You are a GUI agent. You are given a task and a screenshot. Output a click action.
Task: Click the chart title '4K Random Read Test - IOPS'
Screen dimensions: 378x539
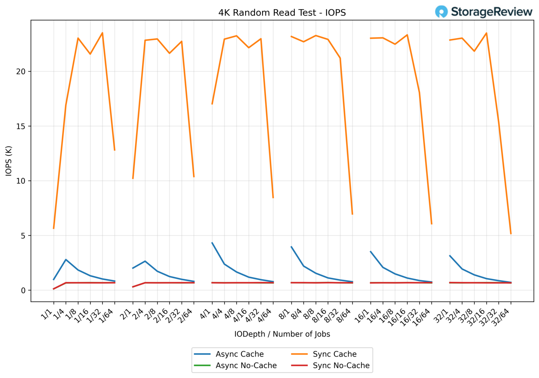(282, 13)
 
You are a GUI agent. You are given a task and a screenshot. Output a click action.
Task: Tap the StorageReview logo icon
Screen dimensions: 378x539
(441, 12)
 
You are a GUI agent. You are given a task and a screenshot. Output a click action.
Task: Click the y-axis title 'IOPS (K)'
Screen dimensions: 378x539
(9, 161)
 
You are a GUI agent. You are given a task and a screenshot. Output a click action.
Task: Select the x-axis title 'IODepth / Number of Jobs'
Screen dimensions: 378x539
(282, 334)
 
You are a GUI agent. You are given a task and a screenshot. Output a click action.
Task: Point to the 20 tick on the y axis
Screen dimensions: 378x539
(21, 71)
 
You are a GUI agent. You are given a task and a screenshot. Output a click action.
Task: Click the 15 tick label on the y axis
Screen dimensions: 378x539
(21, 126)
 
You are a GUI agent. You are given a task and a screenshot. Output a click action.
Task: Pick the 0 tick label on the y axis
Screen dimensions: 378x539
(23, 291)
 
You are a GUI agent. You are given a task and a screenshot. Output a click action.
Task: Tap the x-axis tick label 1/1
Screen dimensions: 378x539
(47, 314)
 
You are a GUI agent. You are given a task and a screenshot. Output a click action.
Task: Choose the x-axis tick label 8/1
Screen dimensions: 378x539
(285, 314)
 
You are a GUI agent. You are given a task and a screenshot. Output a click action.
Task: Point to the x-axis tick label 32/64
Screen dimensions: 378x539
(501, 318)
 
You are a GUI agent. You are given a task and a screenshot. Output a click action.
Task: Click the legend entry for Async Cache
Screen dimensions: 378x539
(240, 354)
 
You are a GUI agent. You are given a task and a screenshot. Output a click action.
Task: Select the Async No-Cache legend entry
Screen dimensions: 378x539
(246, 366)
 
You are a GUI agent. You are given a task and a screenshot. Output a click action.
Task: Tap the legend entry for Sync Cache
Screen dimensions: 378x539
(334, 354)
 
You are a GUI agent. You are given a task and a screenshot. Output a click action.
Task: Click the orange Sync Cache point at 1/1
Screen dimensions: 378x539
(54, 228)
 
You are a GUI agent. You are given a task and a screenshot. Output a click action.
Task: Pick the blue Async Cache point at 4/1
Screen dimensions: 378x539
(212, 243)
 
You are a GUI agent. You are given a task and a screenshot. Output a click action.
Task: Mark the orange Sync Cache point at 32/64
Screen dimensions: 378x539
(511, 234)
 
